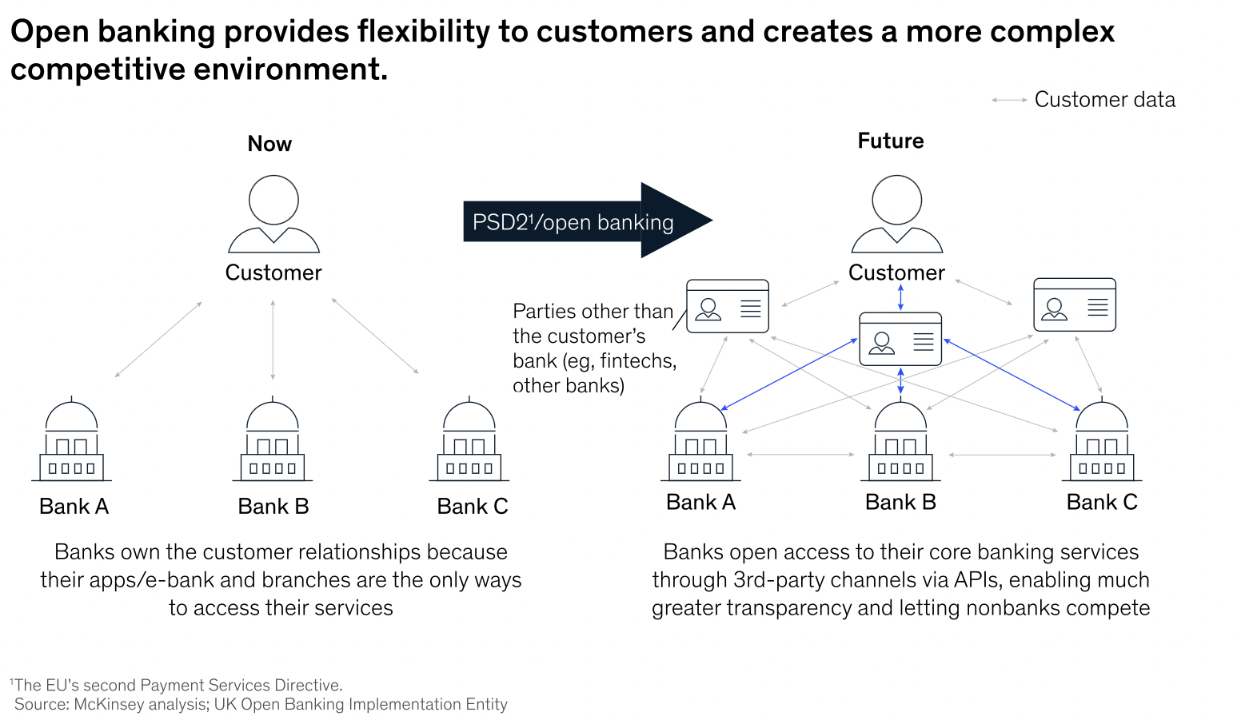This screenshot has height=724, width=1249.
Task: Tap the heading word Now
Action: [269, 144]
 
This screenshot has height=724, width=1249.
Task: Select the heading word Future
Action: [891, 141]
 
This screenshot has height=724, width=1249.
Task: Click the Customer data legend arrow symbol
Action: [1009, 100]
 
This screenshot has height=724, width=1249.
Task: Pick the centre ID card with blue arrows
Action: [900, 340]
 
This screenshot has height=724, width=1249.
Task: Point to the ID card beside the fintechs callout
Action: [728, 306]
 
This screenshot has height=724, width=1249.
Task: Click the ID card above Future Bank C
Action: [1074, 304]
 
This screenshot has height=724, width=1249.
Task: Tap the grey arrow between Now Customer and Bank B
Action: [273, 340]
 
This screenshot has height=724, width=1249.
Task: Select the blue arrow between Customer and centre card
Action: [900, 297]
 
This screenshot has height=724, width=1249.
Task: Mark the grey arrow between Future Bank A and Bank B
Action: [800, 455]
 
